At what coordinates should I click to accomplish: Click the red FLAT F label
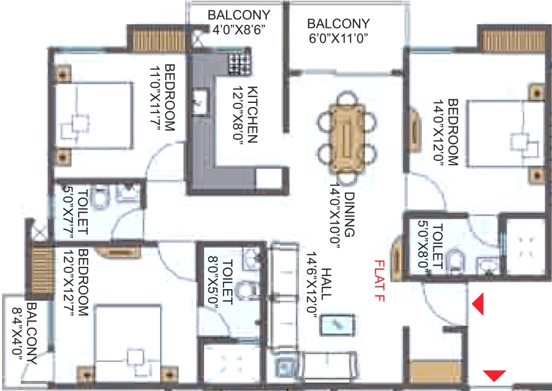tap(380, 281)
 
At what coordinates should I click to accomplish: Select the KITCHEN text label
tap(253, 115)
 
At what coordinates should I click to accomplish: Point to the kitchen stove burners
tap(239, 63)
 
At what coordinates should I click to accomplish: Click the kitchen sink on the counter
tap(201, 101)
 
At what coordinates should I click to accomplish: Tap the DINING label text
tap(349, 214)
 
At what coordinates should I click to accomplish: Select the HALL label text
tap(326, 284)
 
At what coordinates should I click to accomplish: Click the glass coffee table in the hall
tap(337, 325)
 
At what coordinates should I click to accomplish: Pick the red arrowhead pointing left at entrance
tap(478, 304)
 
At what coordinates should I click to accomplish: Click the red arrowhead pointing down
tap(494, 375)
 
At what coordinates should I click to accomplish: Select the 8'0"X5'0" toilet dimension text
tap(213, 283)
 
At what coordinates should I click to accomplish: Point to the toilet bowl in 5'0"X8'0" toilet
tap(455, 260)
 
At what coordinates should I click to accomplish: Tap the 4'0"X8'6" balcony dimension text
tap(239, 30)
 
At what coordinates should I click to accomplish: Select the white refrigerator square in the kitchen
tap(268, 179)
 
